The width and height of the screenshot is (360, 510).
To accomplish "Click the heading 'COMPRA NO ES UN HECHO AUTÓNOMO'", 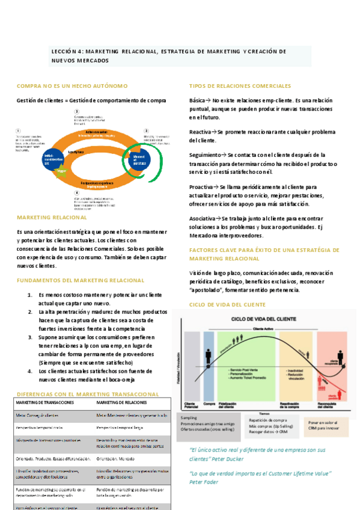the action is pyautogui.click(x=72, y=87).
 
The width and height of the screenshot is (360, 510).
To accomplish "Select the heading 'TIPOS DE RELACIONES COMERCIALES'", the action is pyautogui.click(x=240, y=87).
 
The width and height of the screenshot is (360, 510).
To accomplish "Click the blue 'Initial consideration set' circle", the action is pyautogui.click(x=49, y=158).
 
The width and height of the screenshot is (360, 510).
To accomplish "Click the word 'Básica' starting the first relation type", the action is pyautogui.click(x=197, y=100).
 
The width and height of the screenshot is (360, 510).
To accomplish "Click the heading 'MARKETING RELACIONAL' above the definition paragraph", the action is pyautogui.click(x=52, y=217).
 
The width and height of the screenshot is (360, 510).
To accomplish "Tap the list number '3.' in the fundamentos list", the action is pyautogui.click(x=31, y=338).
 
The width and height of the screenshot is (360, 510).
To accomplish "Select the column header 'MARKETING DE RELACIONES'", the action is pyautogui.click(x=122, y=402).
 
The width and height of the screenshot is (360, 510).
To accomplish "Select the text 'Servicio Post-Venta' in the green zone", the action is pyautogui.click(x=244, y=368).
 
